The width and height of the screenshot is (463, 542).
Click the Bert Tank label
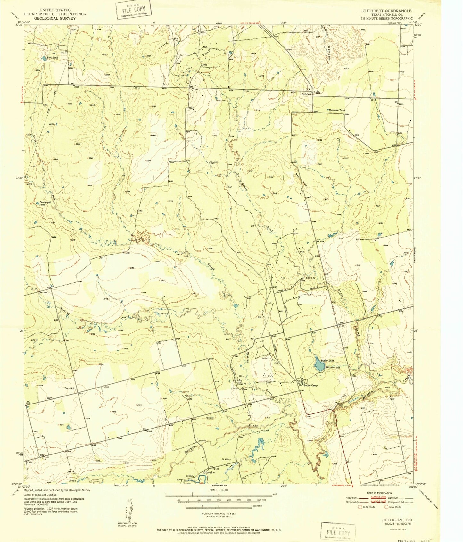[53, 58]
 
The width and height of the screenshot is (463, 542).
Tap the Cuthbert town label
[307, 94]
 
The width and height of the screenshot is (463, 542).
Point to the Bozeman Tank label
[337, 110]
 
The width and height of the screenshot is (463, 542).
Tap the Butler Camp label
[310, 385]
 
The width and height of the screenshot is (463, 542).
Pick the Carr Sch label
[70, 388]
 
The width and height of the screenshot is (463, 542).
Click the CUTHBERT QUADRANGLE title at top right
[387, 11]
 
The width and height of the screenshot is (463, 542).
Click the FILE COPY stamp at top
[133, 9]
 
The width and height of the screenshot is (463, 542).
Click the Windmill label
[214, 162]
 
